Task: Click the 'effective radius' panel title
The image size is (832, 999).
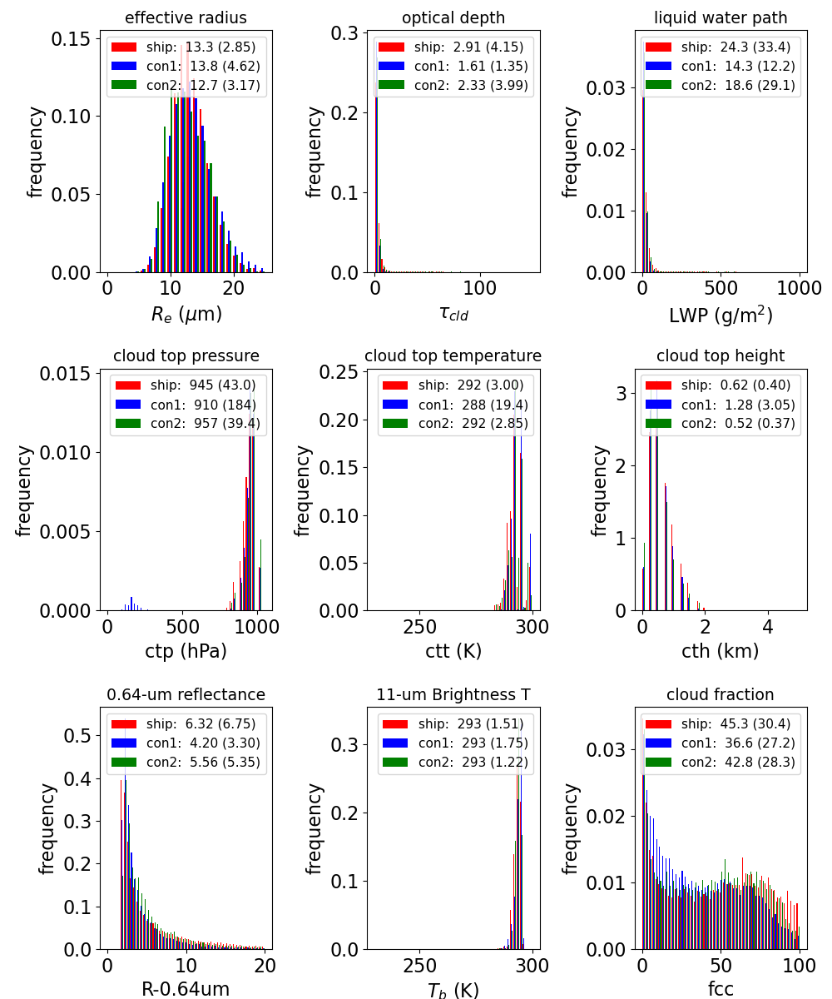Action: tap(186, 17)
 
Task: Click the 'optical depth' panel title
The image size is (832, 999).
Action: tap(453, 17)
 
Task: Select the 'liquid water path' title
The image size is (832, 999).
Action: tap(721, 17)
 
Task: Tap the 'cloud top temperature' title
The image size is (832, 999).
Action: tap(453, 356)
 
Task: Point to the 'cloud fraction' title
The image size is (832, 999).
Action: tap(721, 694)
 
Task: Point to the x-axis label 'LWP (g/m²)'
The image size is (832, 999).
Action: tap(721, 315)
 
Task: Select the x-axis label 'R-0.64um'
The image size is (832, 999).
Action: tap(186, 988)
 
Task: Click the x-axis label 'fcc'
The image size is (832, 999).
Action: tap(721, 988)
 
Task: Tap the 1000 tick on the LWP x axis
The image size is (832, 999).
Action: tap(799, 288)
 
